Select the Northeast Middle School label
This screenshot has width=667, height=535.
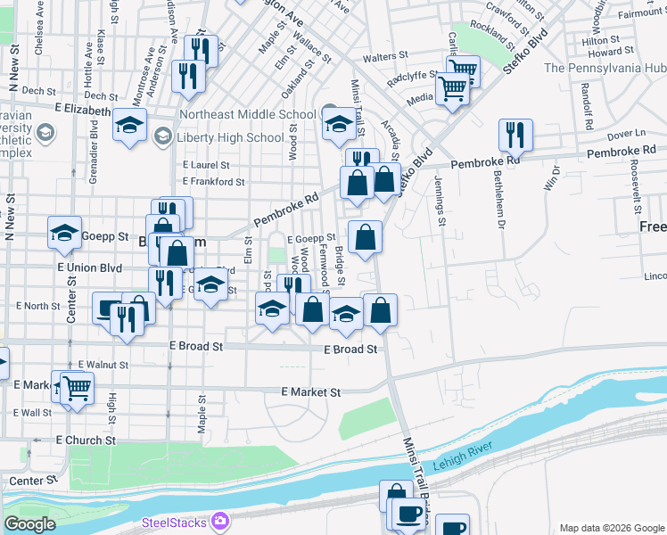click(x=247, y=114)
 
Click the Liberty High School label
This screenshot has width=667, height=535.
click(x=230, y=137)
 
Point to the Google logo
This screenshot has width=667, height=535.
click(x=30, y=523)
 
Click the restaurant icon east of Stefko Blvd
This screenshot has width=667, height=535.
click(x=515, y=135)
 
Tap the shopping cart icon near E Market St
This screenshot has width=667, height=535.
click(x=77, y=387)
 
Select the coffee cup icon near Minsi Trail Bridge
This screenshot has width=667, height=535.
click(x=409, y=514)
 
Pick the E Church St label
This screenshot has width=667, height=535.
click(x=86, y=440)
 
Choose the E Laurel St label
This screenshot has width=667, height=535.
click(x=206, y=165)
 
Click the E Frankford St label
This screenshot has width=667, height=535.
click(x=213, y=181)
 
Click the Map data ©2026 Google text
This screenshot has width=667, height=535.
click(x=611, y=528)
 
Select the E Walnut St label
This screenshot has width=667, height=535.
click(x=103, y=365)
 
